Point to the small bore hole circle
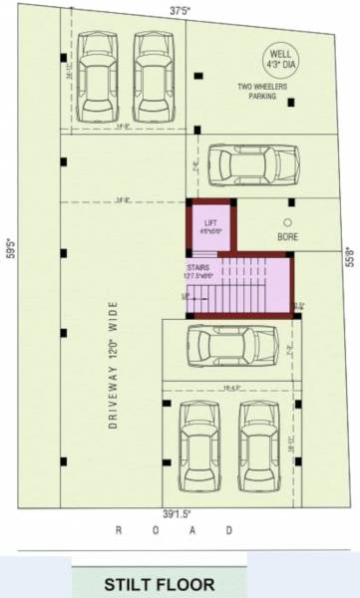[288, 222]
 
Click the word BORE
[288, 238]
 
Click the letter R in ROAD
[119, 531]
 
